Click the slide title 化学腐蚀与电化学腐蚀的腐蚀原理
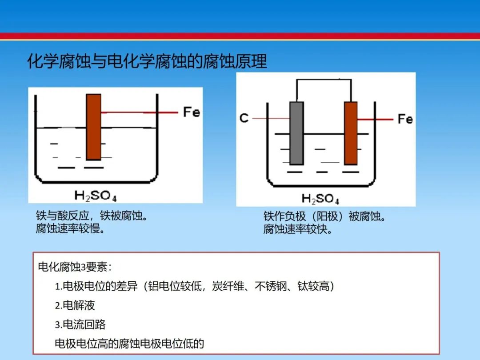pyautogui.click(x=147, y=61)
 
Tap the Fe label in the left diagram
pyautogui.click(x=192, y=112)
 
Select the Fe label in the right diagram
pyautogui.click(x=405, y=119)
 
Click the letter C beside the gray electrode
pyautogui.click(x=244, y=118)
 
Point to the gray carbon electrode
pyautogui.click(x=296, y=133)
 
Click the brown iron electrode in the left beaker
pyautogui.click(x=93, y=127)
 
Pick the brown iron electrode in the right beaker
pyautogui.click(x=351, y=133)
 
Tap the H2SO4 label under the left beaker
pyautogui.click(x=96, y=196)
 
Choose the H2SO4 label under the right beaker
pyautogui.click(x=320, y=199)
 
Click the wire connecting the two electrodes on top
pyautogui.click(x=324, y=80)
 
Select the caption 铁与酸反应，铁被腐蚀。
pyautogui.click(x=92, y=216)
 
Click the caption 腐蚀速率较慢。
pyautogui.click(x=70, y=228)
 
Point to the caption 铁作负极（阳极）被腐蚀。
pyautogui.click(x=324, y=216)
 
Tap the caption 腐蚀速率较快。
pyautogui.click(x=298, y=229)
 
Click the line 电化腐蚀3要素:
pyautogui.click(x=75, y=267)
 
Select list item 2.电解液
pyautogui.click(x=75, y=305)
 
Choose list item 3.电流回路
pyautogui.click(x=80, y=324)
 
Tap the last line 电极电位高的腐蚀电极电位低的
pyautogui.click(x=129, y=344)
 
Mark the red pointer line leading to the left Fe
pyautogui.click(x=140, y=112)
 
